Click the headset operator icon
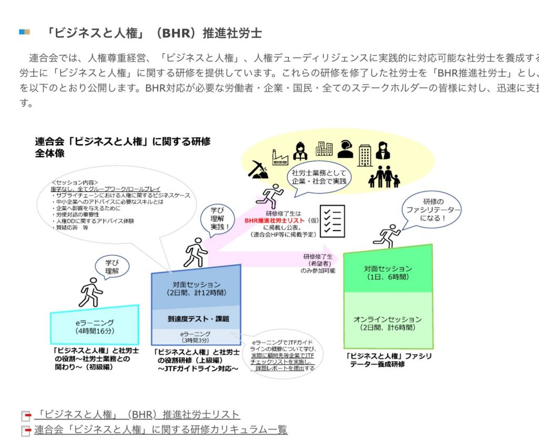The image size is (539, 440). (345, 149)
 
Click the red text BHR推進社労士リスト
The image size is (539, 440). (275, 221)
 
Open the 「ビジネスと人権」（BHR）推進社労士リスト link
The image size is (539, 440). (137, 415)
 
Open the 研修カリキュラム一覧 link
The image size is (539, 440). (161, 429)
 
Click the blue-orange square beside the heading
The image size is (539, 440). (24, 32)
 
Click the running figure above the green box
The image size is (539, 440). (387, 235)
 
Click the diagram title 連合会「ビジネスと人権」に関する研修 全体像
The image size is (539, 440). (123, 147)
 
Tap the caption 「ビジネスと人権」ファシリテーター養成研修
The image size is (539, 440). (389, 359)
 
